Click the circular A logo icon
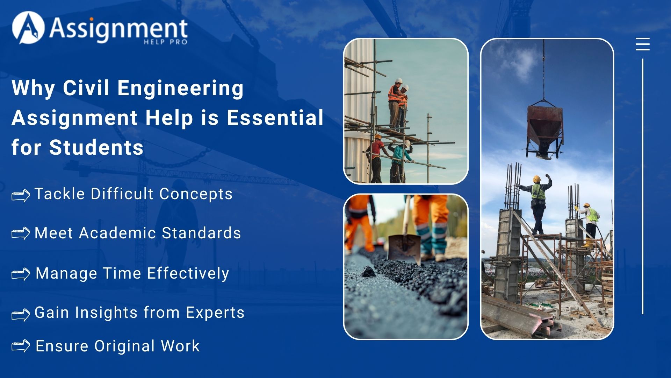pos(28,28)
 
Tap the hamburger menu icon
pos(642,44)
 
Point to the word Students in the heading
pos(96,147)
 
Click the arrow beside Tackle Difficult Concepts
pos(21,195)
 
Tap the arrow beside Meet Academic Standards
pos(21,233)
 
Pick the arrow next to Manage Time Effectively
pos(21,274)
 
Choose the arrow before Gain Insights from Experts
pos(21,314)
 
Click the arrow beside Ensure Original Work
pos(21,346)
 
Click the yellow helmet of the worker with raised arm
pos(537,179)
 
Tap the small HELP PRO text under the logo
pos(165,42)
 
